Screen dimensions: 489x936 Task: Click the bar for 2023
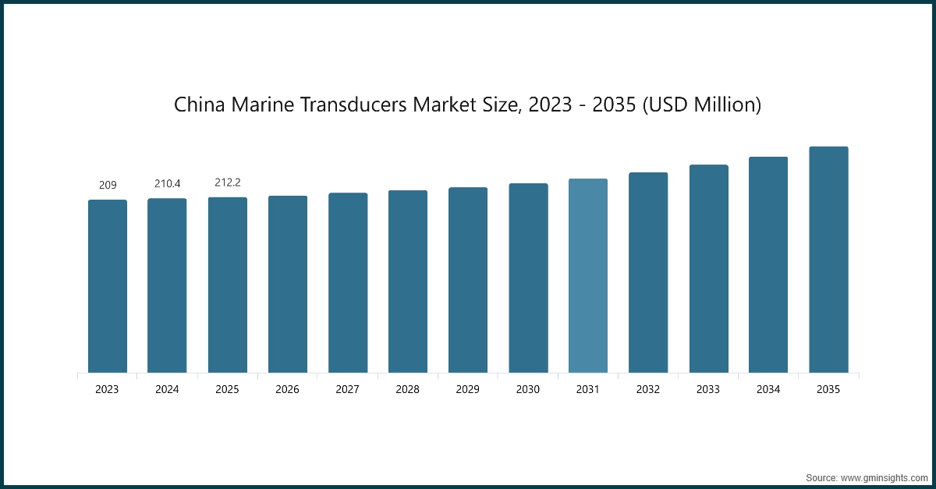(x=108, y=286)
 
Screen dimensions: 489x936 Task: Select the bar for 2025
(x=228, y=285)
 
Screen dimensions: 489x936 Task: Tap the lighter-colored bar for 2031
(x=588, y=275)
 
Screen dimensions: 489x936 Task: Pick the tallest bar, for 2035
(x=828, y=260)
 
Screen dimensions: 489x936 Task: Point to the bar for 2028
(x=408, y=282)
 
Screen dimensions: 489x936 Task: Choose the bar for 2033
(x=708, y=269)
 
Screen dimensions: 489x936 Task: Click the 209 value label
(x=108, y=185)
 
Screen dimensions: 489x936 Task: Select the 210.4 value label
(x=167, y=183)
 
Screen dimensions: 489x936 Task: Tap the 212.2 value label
(x=228, y=182)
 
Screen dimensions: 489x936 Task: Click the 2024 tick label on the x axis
(x=167, y=389)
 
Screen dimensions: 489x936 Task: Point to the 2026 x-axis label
(x=288, y=389)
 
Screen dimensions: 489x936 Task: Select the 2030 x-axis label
(x=528, y=389)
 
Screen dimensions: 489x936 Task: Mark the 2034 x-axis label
(x=768, y=389)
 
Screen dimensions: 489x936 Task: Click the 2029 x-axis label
(x=468, y=389)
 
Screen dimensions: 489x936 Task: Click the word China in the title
(x=197, y=105)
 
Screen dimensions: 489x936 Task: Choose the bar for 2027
(x=348, y=283)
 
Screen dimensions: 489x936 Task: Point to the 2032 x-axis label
(x=648, y=389)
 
